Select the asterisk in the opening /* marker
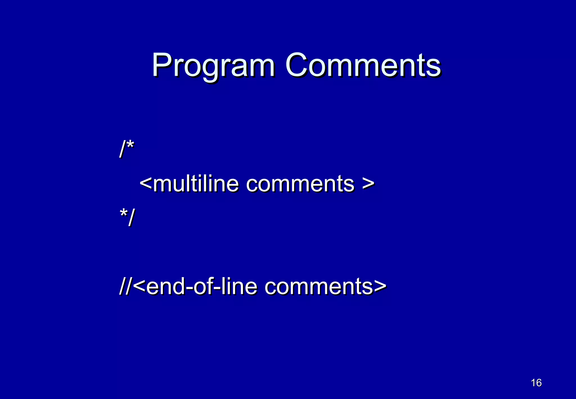pyautogui.click(x=130, y=145)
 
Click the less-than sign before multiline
pyautogui.click(x=146, y=183)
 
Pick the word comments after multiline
pyautogui.click(x=300, y=184)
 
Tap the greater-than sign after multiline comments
pyautogui.click(x=368, y=183)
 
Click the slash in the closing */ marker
pyautogui.click(x=131, y=217)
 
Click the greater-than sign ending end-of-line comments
pyautogui.click(x=380, y=286)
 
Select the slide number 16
pyautogui.click(x=536, y=383)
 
